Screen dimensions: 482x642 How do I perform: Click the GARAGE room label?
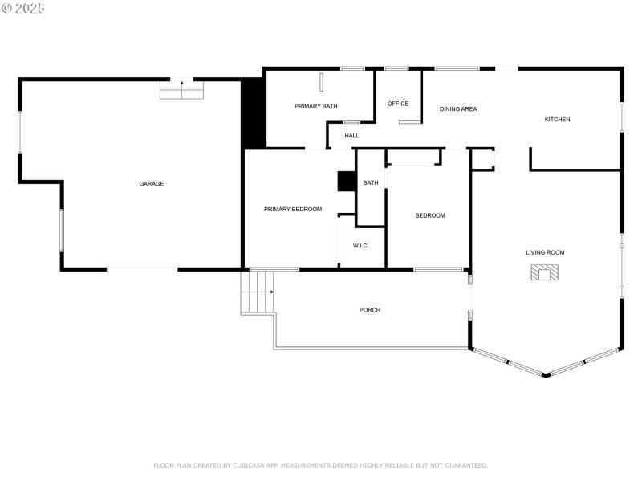tap(152, 184)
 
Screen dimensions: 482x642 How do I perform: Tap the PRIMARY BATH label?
tap(315, 106)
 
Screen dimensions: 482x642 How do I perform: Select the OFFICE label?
tap(398, 104)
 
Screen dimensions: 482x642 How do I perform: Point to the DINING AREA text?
tap(458, 108)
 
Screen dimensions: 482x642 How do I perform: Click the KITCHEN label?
tap(557, 120)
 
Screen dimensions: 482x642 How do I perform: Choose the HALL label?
tap(351, 136)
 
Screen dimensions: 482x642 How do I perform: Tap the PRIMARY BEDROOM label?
tap(293, 210)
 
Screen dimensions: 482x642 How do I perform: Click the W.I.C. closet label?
tap(360, 245)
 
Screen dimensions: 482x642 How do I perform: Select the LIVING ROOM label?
tap(545, 252)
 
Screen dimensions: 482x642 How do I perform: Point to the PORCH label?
tap(370, 310)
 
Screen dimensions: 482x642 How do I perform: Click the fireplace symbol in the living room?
tap(545, 272)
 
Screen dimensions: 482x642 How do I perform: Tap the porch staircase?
tap(258, 292)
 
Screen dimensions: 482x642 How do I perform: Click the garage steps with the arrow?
tap(182, 89)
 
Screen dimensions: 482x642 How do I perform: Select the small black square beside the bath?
tap(347, 182)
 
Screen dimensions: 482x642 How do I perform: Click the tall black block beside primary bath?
tap(254, 113)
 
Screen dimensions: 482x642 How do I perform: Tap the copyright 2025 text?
tap(23, 8)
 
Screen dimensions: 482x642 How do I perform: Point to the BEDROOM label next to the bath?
tap(429, 215)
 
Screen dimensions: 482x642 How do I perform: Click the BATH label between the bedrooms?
tap(371, 183)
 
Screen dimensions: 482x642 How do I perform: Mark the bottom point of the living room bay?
tap(546, 374)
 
